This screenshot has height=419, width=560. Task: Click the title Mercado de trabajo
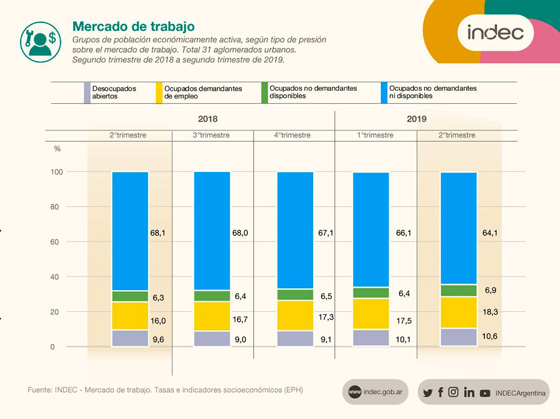pos(134,26)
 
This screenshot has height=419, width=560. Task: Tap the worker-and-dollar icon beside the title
pos(40,41)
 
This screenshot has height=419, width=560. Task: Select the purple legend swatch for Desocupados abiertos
pos(87,92)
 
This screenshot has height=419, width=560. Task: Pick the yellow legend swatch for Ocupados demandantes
pos(160,92)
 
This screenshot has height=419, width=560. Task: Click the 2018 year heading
pos(208,119)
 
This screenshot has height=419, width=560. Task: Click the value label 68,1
pos(158,232)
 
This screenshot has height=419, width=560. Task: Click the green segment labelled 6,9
pos(459,290)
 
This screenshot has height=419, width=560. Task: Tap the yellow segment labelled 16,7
pos(212,316)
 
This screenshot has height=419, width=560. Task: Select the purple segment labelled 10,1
pos(371,338)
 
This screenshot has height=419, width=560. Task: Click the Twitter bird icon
pos(428,393)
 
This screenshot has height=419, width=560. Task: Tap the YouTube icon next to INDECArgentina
pos(485,393)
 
